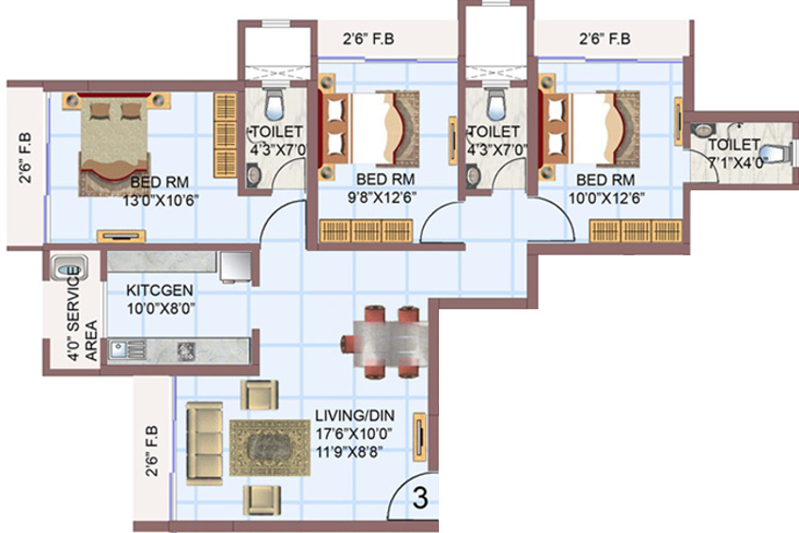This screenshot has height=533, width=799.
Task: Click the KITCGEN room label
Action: pyautogui.click(x=161, y=290)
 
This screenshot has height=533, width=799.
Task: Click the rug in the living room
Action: pyautogui.click(x=269, y=446)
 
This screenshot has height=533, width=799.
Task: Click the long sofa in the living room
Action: pyautogui.click(x=204, y=444)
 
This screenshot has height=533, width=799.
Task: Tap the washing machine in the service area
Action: pyautogui.click(x=69, y=267)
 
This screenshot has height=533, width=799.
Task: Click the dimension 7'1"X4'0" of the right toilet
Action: pyautogui.click(x=733, y=163)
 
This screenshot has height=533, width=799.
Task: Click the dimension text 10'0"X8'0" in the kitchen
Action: pyautogui.click(x=161, y=307)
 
